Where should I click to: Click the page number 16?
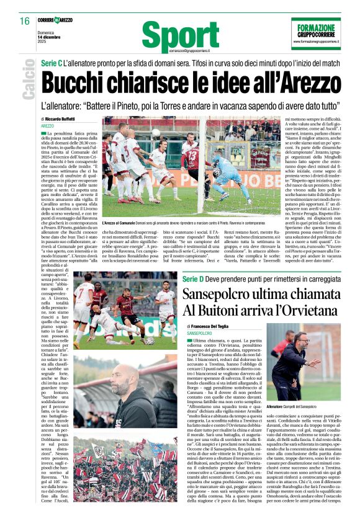pos(24,21)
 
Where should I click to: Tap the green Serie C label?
pos(53,65)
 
